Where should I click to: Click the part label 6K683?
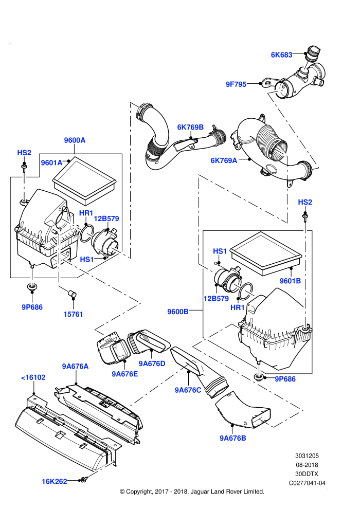tap(281, 55)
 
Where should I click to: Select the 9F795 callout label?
tap(236, 84)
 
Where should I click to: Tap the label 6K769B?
tap(190, 128)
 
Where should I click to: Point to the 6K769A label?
tap(224, 160)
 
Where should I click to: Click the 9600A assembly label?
tap(75, 140)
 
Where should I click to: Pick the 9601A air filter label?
tap(51, 162)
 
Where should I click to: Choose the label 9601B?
tap(290, 281)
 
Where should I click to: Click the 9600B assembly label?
tap(178, 312)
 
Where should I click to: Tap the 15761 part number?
tap(73, 314)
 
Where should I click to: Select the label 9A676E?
tap(124, 374)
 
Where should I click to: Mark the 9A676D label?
tap(152, 363)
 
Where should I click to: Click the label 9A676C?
tap(188, 390)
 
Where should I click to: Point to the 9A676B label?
tap(233, 438)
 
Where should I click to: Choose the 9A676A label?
tap(75, 366)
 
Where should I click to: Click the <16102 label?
tap(33, 377)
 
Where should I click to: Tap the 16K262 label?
tap(54, 481)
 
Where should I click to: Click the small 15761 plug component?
tap(72, 294)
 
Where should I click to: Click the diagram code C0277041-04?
tap(307, 483)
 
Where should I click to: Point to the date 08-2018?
tap(307, 465)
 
